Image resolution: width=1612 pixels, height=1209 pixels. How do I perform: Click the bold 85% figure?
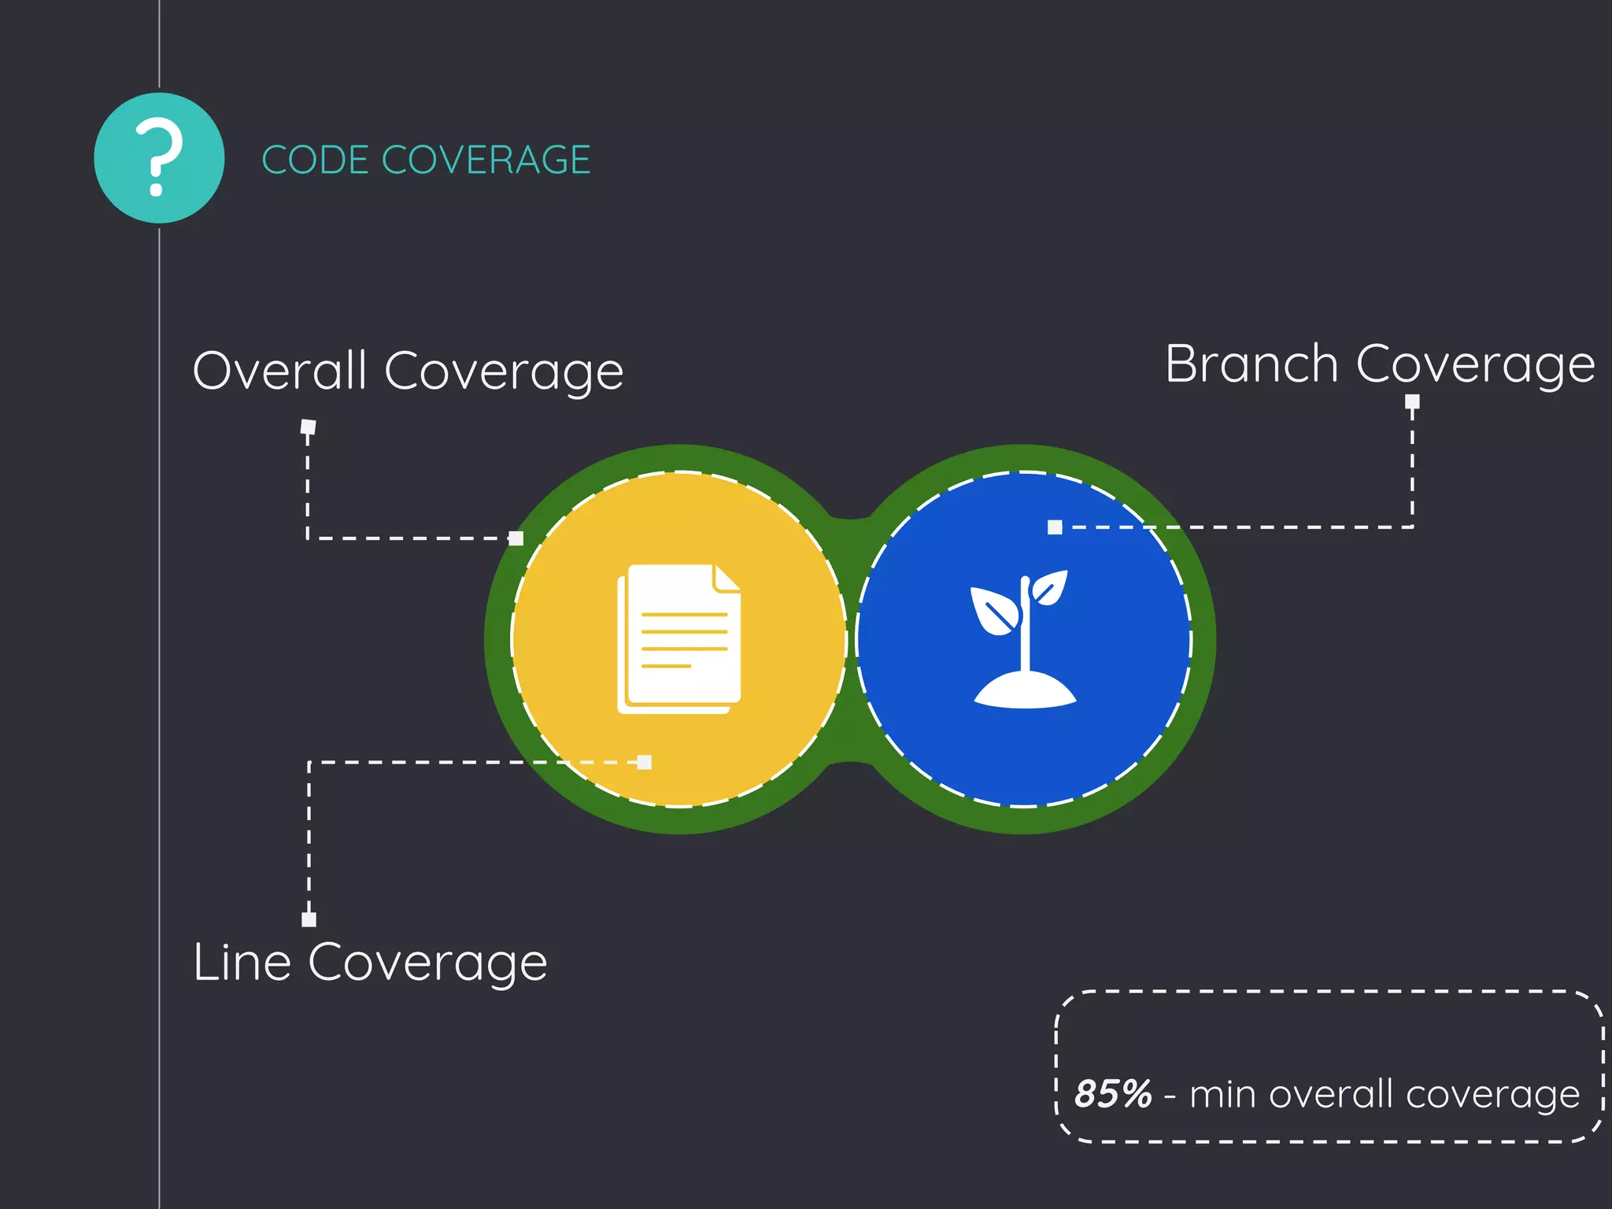click(1112, 1094)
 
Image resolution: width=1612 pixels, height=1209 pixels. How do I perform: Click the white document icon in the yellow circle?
click(679, 639)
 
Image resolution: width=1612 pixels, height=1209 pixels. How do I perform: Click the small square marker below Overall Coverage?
click(309, 427)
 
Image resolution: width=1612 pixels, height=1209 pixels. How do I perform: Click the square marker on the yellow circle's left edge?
click(516, 538)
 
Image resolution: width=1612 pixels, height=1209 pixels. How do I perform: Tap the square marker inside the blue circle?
click(1055, 527)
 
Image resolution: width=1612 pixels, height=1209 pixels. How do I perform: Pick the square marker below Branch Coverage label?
click(1412, 402)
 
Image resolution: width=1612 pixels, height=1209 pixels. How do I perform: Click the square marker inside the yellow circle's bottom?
click(645, 762)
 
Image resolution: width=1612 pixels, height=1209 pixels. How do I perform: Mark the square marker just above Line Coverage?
click(309, 919)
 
